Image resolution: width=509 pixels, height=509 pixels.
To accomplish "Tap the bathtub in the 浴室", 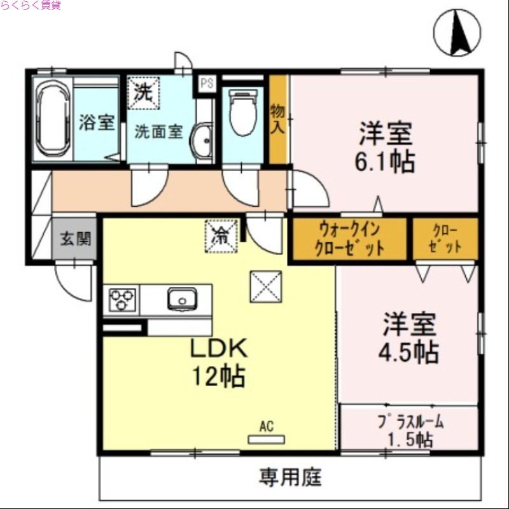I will tap(52, 118).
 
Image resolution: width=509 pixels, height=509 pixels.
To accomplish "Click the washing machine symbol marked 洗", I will tap(143, 92).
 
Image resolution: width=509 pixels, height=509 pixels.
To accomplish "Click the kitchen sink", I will tap(182, 298).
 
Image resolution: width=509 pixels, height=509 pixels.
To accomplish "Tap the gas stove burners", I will tap(123, 300).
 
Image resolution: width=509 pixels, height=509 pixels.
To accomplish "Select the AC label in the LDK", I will tap(266, 426).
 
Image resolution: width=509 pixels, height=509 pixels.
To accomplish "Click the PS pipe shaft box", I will tap(206, 83).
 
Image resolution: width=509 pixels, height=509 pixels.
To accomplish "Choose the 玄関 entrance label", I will tap(75, 239).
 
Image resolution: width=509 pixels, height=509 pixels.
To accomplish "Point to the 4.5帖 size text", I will tap(410, 351).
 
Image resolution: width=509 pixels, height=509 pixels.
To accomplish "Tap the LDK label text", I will tap(219, 349).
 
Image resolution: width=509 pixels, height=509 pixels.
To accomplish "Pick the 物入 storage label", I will tap(277, 118).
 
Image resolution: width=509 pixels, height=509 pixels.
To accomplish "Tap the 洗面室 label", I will tap(158, 132).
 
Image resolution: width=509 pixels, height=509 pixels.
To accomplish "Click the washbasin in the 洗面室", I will tap(204, 140).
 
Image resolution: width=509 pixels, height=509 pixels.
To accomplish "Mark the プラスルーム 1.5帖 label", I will tap(410, 430).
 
